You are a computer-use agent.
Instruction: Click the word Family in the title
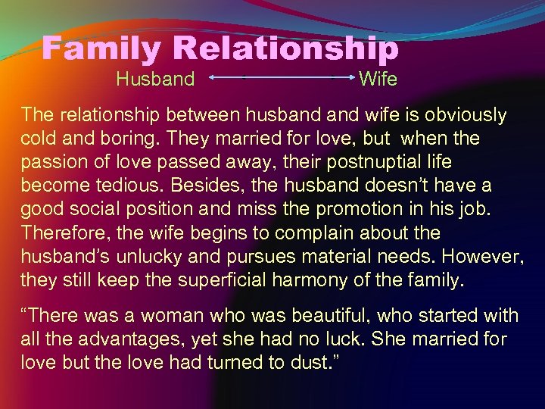(x=103, y=49)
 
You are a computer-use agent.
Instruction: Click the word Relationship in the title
(x=285, y=49)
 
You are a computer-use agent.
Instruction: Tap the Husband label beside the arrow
(x=155, y=78)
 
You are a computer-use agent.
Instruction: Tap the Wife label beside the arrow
(x=378, y=78)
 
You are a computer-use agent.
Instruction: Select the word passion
(x=54, y=163)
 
